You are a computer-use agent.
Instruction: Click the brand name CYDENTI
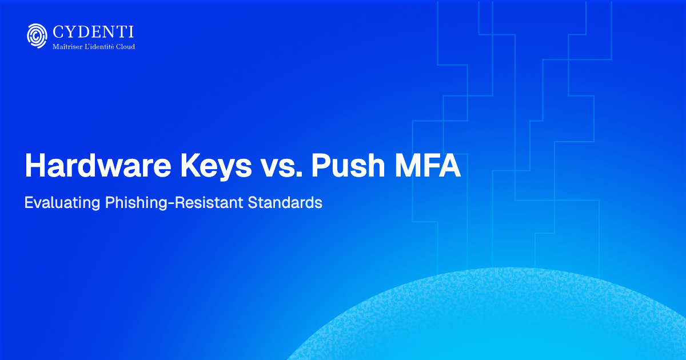click(93, 31)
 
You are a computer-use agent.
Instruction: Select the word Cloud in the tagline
click(125, 46)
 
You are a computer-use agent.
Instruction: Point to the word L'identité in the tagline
click(98, 46)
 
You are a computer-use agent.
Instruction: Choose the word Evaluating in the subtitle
click(62, 203)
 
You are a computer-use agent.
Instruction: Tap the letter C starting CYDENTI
click(58, 31)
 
